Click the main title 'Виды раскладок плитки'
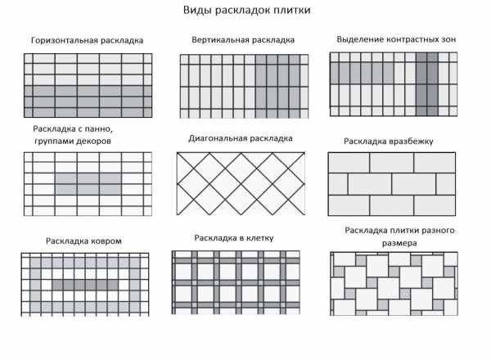pos(247,11)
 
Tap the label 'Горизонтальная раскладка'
pos(87,41)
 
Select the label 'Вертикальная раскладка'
pos(243,40)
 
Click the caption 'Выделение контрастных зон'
pos(396,39)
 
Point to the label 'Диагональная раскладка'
pos(241,138)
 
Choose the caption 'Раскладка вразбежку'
pos(388,142)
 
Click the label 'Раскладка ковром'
pos(83,241)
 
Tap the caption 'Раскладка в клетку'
pos(234,238)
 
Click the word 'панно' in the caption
pos(98,129)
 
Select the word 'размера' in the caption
pos(399,243)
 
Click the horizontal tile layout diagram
pos(88,85)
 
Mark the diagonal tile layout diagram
pos(241,184)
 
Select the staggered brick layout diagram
pos(392,184)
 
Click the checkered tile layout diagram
pos(236,282)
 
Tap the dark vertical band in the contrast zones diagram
pos(427,84)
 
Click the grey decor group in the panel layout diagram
pos(88,184)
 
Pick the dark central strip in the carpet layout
pos(85,285)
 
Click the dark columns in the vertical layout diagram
pos(277,87)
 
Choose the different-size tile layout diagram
pos(394,284)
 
